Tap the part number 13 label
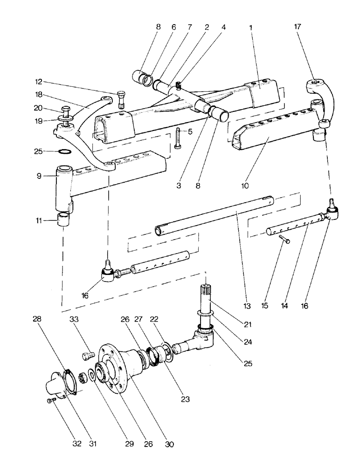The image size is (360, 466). point(247,306)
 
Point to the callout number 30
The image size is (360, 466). point(169,444)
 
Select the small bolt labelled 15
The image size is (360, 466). point(284,240)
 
